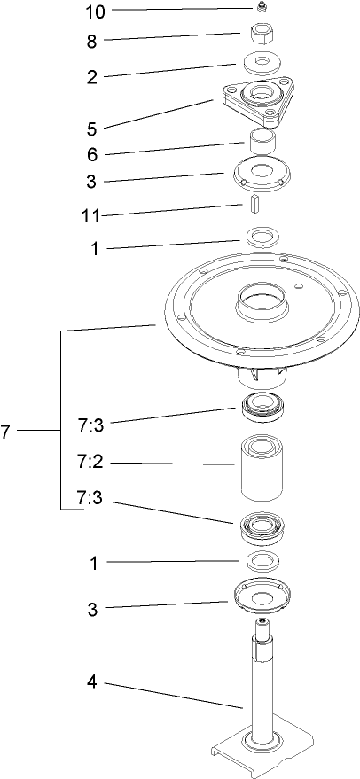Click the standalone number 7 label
[6, 432]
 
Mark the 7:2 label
[93, 463]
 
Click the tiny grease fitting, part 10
[263, 9]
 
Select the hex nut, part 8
[263, 36]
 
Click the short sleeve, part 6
[263, 141]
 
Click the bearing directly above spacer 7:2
[263, 408]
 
